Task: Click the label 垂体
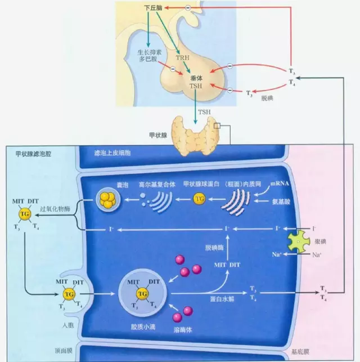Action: point(196,78)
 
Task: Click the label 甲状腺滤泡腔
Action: point(31,153)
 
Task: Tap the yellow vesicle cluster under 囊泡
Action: point(107,198)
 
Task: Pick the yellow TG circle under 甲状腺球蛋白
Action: point(199,198)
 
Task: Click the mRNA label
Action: point(280,184)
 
